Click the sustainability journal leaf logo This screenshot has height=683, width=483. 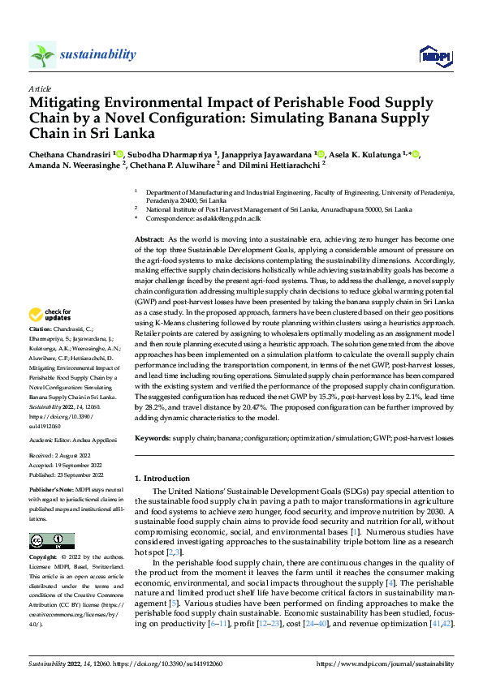pyautogui.click(x=43, y=55)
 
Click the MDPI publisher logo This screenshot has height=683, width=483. pyautogui.click(x=433, y=55)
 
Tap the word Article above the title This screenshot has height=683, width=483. pyautogui.click(x=39, y=88)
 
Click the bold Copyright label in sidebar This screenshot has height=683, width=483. pyautogui.click(x=44, y=558)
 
